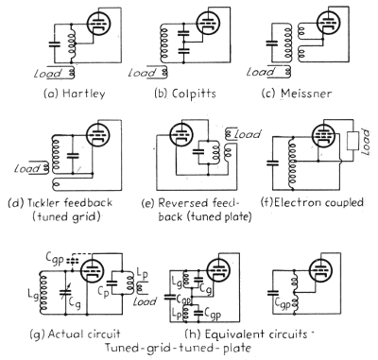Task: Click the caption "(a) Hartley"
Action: click(x=60, y=94)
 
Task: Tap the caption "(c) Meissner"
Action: click(x=307, y=94)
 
